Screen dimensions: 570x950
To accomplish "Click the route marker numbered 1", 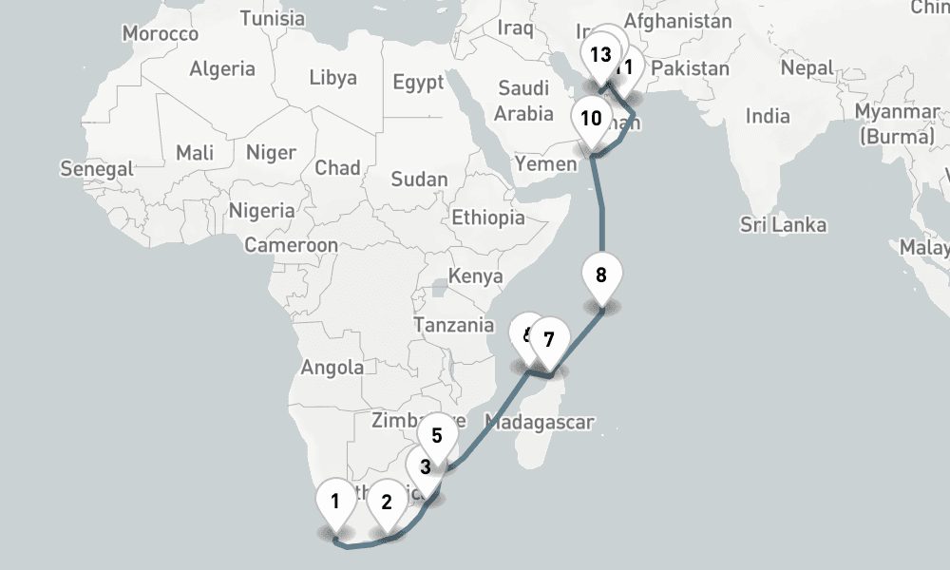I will tap(334, 501).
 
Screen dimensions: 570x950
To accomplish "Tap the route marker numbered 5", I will tap(437, 436).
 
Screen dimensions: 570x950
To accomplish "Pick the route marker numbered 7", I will tap(548, 338).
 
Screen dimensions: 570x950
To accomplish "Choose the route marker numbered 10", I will tap(591, 119).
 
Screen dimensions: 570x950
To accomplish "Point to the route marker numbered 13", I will tap(599, 54).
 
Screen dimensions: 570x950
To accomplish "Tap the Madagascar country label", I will tap(539, 422).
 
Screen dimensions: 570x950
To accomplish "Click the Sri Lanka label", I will tap(784, 225).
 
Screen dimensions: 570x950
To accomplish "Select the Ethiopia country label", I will tap(487, 218).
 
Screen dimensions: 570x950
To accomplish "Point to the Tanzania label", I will tap(453, 325).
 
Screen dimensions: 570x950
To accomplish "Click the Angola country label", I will tap(332, 368).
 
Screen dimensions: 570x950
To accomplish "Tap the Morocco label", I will tap(161, 34).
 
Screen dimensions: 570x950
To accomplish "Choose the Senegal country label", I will tap(97, 169).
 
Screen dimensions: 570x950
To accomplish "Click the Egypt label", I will tap(418, 83).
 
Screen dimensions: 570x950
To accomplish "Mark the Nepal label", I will tap(807, 68).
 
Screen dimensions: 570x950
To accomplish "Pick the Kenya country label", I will tap(474, 276).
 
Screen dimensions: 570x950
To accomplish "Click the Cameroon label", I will tap(291, 245).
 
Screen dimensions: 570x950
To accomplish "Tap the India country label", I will tap(768, 117).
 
